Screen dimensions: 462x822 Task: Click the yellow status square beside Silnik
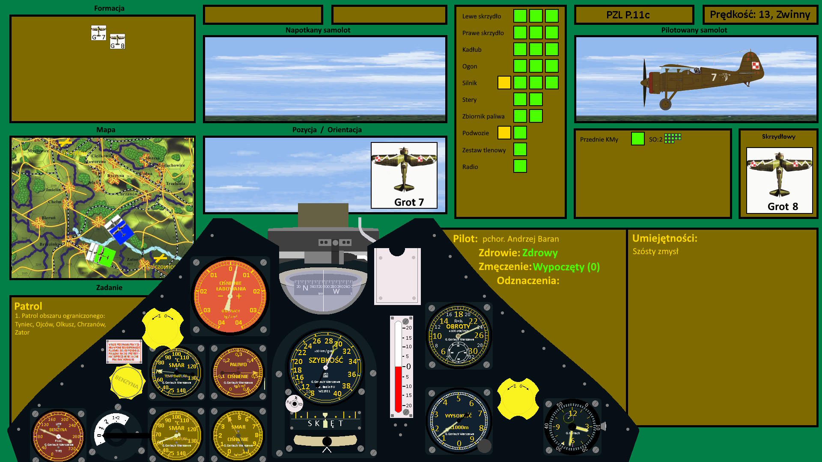(x=504, y=83)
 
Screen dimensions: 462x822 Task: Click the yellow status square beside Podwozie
(x=504, y=133)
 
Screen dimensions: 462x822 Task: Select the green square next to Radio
(x=520, y=166)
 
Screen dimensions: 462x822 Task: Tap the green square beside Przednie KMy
(x=637, y=139)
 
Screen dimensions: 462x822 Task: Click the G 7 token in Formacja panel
(x=98, y=33)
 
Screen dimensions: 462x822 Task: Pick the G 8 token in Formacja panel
(x=117, y=41)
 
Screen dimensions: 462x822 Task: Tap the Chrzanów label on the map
(x=128, y=194)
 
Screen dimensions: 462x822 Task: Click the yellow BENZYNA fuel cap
(x=127, y=381)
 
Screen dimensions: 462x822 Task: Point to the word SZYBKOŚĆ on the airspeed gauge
(x=326, y=360)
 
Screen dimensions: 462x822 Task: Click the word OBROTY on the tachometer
(x=458, y=326)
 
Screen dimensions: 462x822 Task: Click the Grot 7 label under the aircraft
(x=409, y=202)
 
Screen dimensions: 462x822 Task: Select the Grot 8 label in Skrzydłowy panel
(x=782, y=207)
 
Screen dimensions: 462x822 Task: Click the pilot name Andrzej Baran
(x=521, y=239)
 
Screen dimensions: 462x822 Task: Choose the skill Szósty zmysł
(x=655, y=252)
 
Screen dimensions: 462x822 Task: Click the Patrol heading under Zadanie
(x=28, y=306)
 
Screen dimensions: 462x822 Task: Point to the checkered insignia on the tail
(x=756, y=65)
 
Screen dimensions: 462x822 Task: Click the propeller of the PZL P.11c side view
(x=644, y=83)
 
